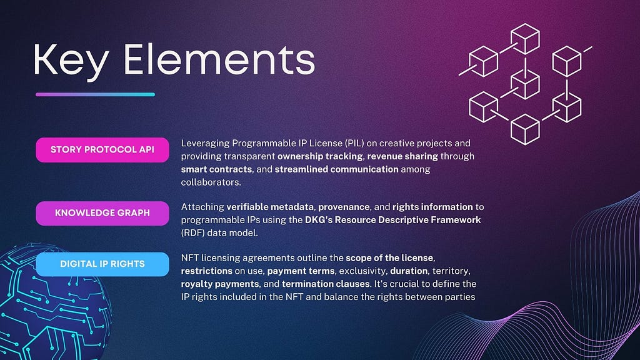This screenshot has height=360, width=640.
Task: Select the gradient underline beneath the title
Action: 95,94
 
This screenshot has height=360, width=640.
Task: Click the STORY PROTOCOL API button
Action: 102,150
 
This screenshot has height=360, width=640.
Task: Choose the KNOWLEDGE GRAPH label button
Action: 102,213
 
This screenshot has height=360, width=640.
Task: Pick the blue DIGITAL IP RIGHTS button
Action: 102,264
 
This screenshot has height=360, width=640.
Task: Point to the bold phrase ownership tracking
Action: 320,156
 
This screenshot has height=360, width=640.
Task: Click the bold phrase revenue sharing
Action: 402,156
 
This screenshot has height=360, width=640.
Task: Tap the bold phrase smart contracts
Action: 216,169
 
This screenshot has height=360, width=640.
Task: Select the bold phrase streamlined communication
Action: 336,169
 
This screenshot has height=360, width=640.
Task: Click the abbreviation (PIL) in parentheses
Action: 354,143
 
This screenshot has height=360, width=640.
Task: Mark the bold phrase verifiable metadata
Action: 271,207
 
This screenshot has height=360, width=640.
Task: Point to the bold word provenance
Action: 344,207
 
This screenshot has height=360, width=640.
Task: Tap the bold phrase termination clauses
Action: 326,284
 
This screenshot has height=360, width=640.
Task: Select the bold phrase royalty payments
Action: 220,284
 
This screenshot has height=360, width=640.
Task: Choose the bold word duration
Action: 409,271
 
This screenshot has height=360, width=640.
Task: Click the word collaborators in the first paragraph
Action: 211,182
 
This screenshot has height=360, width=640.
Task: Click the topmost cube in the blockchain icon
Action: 525,39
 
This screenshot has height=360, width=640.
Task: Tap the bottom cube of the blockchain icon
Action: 525,129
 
